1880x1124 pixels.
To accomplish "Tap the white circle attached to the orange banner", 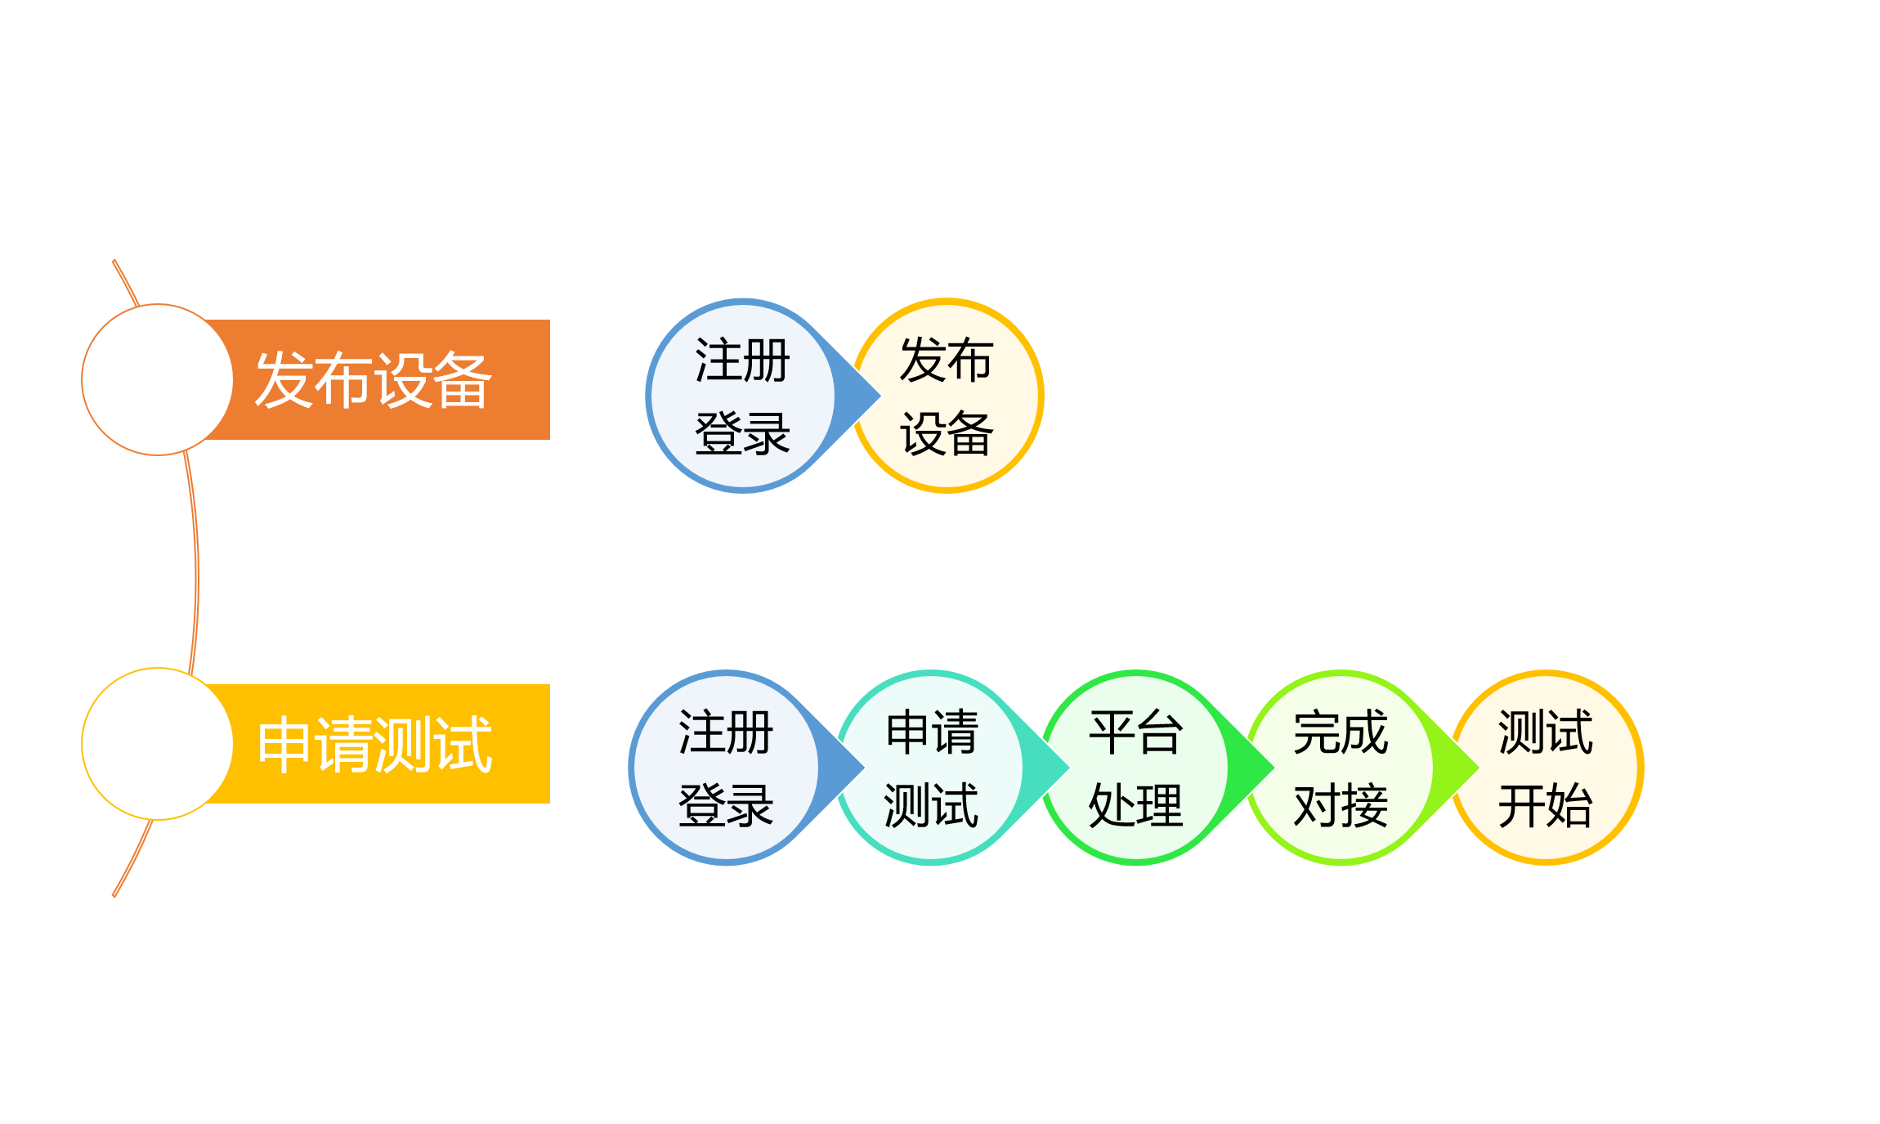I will click(x=157, y=379).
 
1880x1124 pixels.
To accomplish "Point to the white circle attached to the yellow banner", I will click(x=157, y=744).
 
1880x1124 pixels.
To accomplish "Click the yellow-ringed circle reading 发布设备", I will click(x=948, y=396).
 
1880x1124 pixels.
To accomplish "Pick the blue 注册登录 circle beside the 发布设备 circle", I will click(x=741, y=396).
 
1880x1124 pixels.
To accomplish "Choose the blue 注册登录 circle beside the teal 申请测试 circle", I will click(x=724, y=768).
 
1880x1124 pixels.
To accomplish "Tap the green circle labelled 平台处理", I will click(x=1135, y=768).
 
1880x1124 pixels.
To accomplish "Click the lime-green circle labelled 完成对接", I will click(x=1341, y=768).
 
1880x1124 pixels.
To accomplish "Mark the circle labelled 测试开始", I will click(x=1547, y=768).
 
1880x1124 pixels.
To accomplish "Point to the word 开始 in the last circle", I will click(x=1546, y=805).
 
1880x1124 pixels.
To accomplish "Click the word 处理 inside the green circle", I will click(x=1135, y=805).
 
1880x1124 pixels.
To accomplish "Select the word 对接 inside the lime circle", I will click(x=1341, y=805).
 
